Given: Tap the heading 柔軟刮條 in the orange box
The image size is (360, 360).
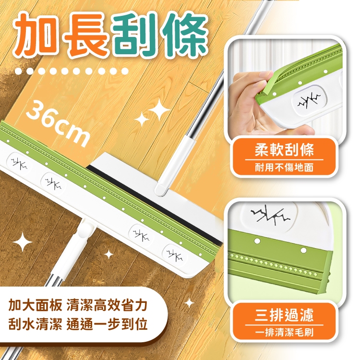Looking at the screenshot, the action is pyautogui.click(x=284, y=150).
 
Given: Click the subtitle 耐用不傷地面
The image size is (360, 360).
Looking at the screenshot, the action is pyautogui.click(x=284, y=168).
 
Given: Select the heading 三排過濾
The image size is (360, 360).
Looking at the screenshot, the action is pyautogui.click(x=284, y=315).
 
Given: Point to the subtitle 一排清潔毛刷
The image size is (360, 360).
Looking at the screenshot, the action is pyautogui.click(x=284, y=332).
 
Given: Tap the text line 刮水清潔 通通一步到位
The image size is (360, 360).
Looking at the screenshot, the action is pyautogui.click(x=78, y=324).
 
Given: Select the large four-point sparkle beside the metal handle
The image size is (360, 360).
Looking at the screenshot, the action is pyautogui.click(x=159, y=111).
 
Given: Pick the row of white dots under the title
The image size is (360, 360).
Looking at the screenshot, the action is pyautogui.click(x=71, y=72).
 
